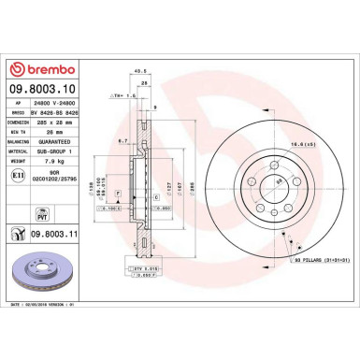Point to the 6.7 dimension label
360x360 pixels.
(122, 140)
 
